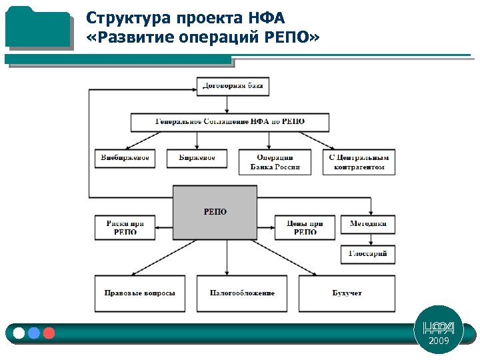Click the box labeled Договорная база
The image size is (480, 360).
[233, 86]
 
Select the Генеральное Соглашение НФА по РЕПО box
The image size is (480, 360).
[230, 122]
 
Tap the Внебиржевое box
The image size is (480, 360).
[125, 158]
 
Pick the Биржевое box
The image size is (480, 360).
[197, 158]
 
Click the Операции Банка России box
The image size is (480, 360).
[274, 162]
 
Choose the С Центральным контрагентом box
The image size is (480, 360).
[359, 162]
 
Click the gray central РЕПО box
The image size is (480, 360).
[215, 212]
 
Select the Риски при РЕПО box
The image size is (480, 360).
[125, 227]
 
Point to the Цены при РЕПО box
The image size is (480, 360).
[305, 227]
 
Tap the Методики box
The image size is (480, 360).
[368, 224]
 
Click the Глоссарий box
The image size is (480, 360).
[368, 254]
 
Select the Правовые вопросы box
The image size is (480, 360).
[140, 293]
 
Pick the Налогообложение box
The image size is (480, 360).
[242, 293]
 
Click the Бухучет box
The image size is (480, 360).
[347, 293]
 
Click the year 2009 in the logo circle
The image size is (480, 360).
[439, 341]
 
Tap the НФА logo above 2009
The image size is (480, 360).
[439, 327]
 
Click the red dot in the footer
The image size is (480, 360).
[49, 333]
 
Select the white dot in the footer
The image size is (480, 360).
[19, 333]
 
